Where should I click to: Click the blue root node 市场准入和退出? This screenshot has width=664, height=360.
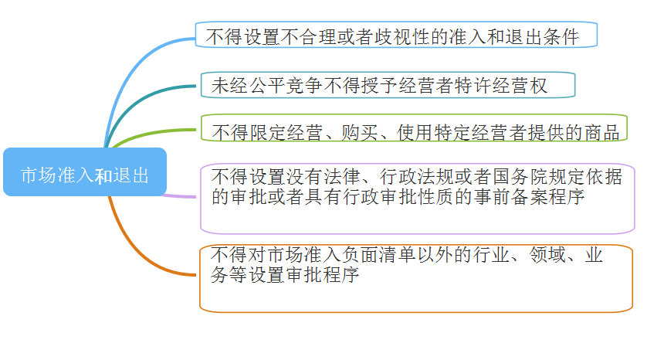(x=84, y=172)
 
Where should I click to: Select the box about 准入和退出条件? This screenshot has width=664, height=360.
(x=396, y=35)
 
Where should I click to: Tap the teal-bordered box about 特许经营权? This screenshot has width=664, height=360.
(x=388, y=84)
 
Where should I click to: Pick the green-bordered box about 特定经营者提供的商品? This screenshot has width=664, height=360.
(x=414, y=128)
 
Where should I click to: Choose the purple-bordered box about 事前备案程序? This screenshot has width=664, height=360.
(x=417, y=198)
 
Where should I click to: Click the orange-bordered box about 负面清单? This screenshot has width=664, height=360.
(x=416, y=278)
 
